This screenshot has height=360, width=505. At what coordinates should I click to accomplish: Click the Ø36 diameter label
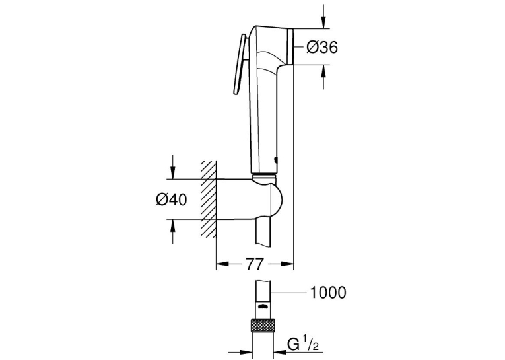click(x=322, y=48)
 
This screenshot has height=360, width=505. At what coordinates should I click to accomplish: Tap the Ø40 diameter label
click(x=172, y=200)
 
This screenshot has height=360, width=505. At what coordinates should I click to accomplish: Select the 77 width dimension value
click(x=255, y=264)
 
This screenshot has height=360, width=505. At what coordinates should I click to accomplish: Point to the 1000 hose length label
click(x=328, y=293)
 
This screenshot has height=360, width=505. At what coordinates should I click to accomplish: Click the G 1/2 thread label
click(x=303, y=345)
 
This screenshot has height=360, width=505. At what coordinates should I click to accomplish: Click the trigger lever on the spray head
click(x=240, y=65)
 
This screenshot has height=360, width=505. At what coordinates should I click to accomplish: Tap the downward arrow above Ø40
click(x=173, y=166)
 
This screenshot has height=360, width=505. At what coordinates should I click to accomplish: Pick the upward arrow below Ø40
click(x=173, y=231)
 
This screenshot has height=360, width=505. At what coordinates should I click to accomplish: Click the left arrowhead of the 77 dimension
click(x=222, y=264)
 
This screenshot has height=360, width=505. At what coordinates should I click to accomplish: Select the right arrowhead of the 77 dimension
click(x=287, y=264)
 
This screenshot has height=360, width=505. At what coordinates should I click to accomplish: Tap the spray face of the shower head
click(x=290, y=47)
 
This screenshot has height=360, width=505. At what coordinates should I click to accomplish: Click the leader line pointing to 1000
click(x=288, y=293)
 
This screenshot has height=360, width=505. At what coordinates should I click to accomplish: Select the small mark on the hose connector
click(x=263, y=306)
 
